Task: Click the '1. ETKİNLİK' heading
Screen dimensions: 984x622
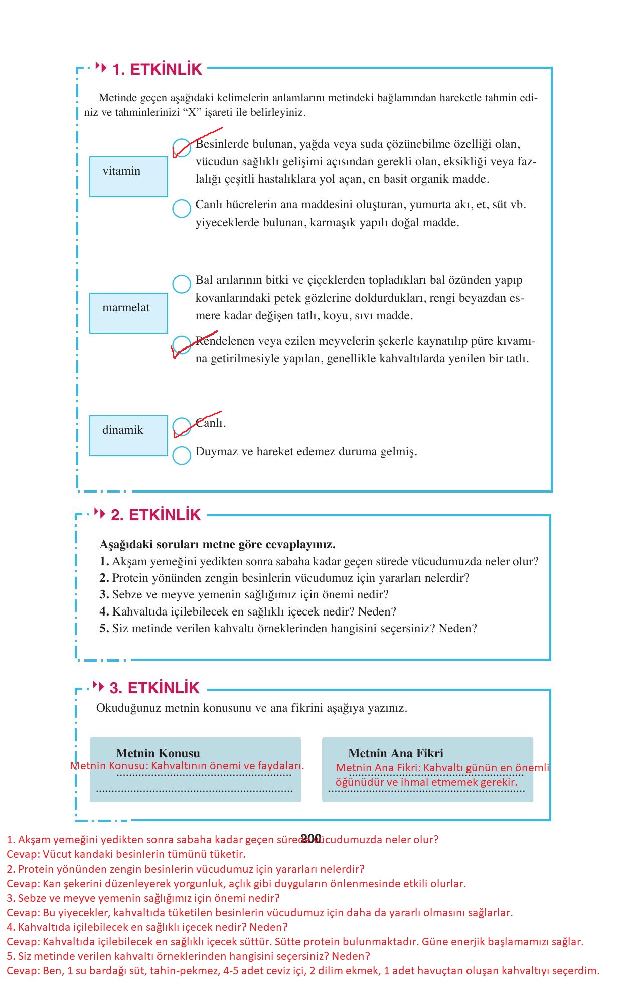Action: [x=157, y=69]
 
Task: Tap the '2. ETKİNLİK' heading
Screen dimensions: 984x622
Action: [x=155, y=515]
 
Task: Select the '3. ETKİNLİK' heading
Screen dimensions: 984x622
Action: [x=154, y=688]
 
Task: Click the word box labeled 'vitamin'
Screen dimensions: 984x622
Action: [x=128, y=176]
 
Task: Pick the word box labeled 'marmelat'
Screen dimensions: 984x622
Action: [x=128, y=313]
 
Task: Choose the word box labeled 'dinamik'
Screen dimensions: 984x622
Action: [x=128, y=435]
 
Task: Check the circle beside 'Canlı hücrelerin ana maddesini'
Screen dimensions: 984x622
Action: [x=182, y=208]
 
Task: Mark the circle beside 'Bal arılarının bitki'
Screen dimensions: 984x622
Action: [x=182, y=284]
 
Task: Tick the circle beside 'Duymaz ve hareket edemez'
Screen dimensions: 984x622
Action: [x=182, y=455]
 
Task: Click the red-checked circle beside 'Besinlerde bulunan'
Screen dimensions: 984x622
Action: [x=182, y=148]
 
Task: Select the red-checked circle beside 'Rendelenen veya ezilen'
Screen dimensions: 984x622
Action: [x=181, y=345]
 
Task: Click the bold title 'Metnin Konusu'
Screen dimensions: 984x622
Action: [x=158, y=753]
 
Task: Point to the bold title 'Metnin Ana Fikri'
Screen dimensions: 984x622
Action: [x=395, y=753]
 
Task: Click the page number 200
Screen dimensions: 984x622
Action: [x=311, y=838]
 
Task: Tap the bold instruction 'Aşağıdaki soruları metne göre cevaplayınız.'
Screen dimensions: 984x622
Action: [x=217, y=544]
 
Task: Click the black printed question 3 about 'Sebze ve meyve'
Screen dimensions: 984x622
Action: [x=244, y=594]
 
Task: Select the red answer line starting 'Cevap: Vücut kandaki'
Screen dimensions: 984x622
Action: [x=126, y=854]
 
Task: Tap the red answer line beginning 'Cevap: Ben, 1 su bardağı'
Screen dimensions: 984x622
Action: [x=303, y=970]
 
